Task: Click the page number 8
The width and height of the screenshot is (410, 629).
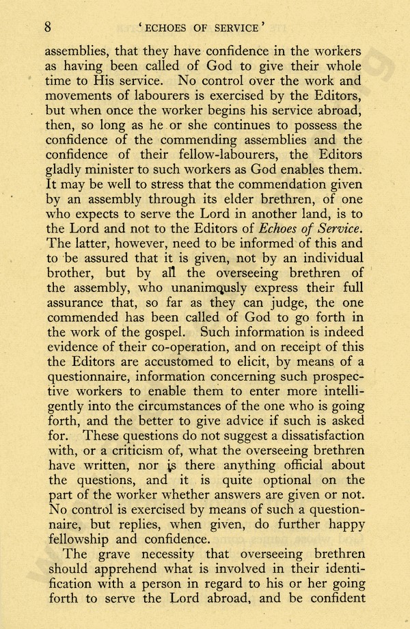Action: click(48, 27)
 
